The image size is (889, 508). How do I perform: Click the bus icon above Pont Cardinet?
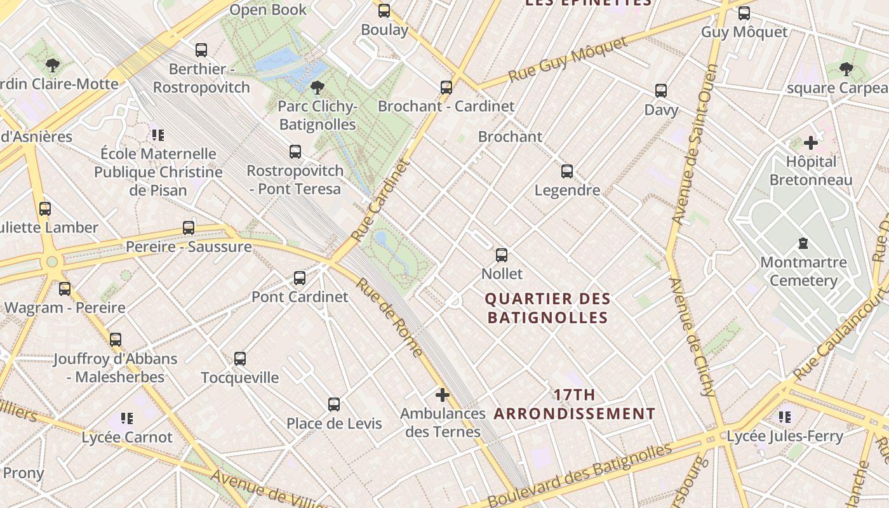pyautogui.click(x=300, y=278)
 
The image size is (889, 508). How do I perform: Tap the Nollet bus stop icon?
pyautogui.click(x=502, y=255)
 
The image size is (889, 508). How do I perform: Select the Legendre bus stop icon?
pyautogui.click(x=567, y=171)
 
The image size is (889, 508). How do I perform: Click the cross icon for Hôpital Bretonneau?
pyautogui.click(x=811, y=143)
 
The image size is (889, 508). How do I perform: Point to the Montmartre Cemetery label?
pyautogui.click(x=803, y=271)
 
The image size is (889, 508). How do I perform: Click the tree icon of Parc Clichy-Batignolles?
pyautogui.click(x=317, y=88)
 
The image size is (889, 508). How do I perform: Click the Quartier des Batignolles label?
pyautogui.click(x=547, y=308)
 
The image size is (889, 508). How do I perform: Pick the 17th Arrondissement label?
pyautogui.click(x=575, y=404)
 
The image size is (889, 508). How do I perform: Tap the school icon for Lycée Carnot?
pyautogui.click(x=127, y=418)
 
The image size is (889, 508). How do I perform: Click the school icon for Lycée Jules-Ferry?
pyautogui.click(x=785, y=417)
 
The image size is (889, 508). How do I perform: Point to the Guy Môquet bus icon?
pyautogui.click(x=744, y=13)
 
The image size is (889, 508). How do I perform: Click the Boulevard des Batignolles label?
pyautogui.click(x=579, y=475)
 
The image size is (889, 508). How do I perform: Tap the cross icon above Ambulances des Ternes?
pyautogui.click(x=443, y=395)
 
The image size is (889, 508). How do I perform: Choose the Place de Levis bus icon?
pyautogui.click(x=334, y=404)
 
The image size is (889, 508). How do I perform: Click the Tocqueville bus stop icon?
pyautogui.click(x=240, y=359)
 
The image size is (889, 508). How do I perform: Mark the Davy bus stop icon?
pyautogui.click(x=661, y=91)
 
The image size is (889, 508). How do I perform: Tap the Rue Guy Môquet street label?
pyautogui.click(x=568, y=62)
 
